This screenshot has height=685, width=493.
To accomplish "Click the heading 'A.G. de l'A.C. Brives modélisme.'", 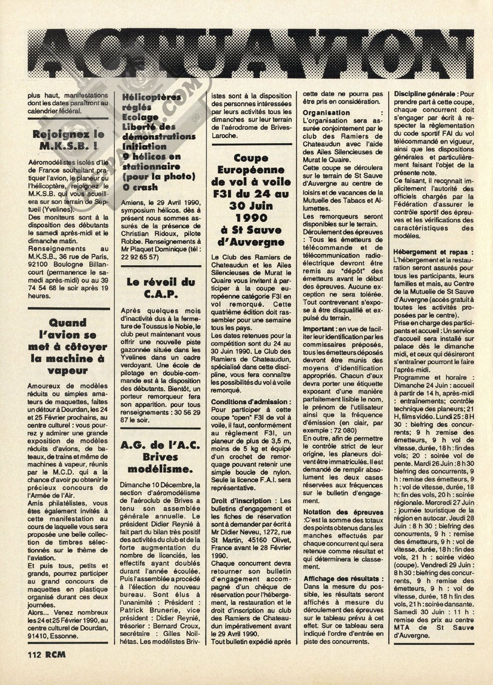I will pyautogui.click(x=161, y=457).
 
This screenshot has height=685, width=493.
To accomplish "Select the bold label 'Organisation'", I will pyautogui.click(x=326, y=113).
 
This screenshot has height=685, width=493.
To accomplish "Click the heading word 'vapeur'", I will pyautogui.click(x=68, y=371).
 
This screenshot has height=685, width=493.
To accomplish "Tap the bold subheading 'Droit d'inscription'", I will pyautogui.click(x=241, y=501).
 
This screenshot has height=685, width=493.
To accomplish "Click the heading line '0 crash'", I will pyautogui.click(x=139, y=187).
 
